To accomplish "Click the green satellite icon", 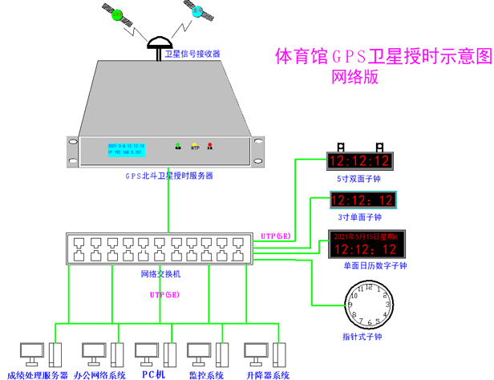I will point(117,14).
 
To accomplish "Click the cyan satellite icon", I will point(196,12).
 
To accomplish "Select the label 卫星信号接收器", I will point(192,55).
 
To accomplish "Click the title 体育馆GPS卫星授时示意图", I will point(382,57).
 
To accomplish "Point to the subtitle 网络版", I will point(354,79).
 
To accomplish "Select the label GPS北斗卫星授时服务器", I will point(168,176).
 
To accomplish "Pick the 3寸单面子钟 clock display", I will point(362,200).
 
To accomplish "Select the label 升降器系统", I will point(268,374).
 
